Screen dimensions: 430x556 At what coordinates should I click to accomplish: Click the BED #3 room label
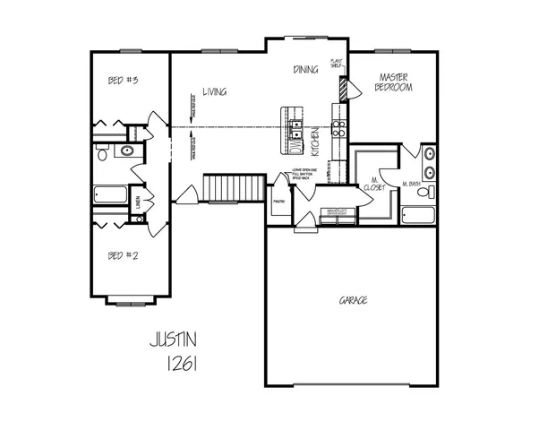point(122,81)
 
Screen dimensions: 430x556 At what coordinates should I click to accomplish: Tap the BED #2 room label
point(122,255)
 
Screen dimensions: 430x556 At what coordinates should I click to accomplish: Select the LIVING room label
point(213,91)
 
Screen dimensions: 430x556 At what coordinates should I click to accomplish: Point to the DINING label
point(306,70)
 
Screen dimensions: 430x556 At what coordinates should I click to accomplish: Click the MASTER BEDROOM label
point(394,82)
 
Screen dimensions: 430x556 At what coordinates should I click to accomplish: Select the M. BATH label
point(413,185)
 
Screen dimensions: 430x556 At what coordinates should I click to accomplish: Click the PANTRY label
point(278,201)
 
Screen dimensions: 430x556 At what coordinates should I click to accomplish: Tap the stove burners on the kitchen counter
point(339,128)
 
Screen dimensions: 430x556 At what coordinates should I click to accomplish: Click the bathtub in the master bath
point(417,215)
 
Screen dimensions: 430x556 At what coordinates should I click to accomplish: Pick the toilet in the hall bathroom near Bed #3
point(104,154)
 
